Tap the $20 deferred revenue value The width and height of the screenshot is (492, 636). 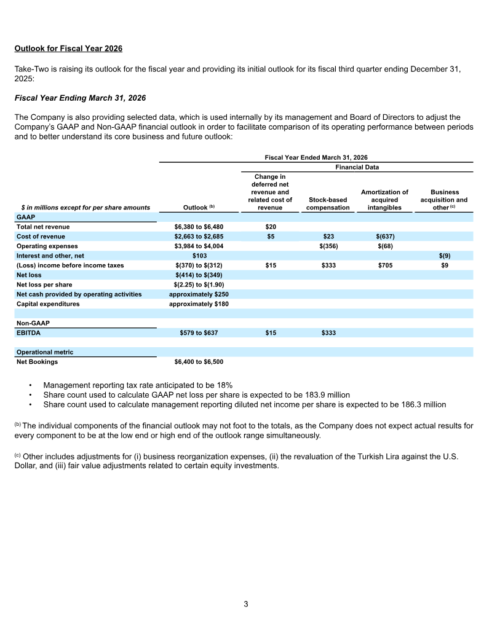(270, 227)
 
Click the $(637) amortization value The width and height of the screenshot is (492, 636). (384, 237)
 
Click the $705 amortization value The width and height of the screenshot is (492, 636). (384, 265)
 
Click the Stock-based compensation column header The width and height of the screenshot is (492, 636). (327, 203)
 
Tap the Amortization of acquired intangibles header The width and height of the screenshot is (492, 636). (384, 200)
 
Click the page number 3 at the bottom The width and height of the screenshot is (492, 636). (246, 604)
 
